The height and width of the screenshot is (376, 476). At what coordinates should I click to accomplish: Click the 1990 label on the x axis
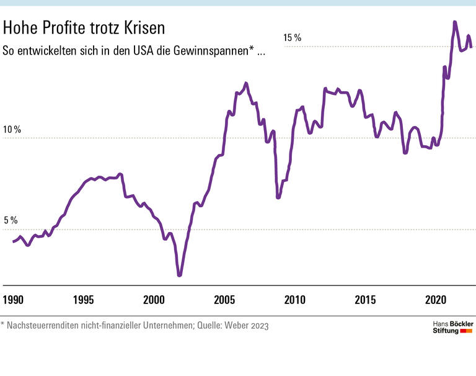[13, 300]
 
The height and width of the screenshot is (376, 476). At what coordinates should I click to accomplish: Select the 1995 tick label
[84, 300]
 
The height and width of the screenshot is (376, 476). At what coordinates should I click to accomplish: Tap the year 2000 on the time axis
[154, 300]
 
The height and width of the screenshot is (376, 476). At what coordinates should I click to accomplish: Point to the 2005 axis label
[224, 300]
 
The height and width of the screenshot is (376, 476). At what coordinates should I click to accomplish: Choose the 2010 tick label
[295, 300]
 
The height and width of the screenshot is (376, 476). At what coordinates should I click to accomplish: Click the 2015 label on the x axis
[366, 300]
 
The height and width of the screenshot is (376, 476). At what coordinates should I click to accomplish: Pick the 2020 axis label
[436, 300]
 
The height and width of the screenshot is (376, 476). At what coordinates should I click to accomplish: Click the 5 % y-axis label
[12, 221]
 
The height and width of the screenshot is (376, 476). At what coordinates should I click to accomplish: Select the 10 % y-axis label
[12, 130]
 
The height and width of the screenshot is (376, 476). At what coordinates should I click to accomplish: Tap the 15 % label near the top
[292, 38]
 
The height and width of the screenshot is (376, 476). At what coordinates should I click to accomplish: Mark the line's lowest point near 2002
[180, 275]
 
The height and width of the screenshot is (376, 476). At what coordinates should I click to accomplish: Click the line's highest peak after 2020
[454, 22]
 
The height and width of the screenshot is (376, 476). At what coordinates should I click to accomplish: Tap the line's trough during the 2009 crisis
[278, 197]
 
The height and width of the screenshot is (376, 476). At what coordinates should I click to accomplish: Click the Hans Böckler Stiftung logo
[452, 328]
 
